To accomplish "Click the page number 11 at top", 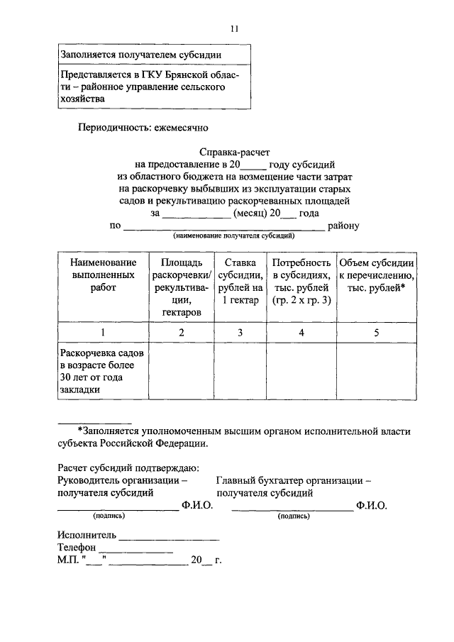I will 235,29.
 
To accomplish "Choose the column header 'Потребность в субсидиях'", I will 301,281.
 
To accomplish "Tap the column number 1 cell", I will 103,332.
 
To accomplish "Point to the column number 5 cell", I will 377,332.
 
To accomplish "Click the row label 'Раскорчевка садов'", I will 103,353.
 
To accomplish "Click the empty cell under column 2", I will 182,370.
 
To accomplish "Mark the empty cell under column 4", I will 301,370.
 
